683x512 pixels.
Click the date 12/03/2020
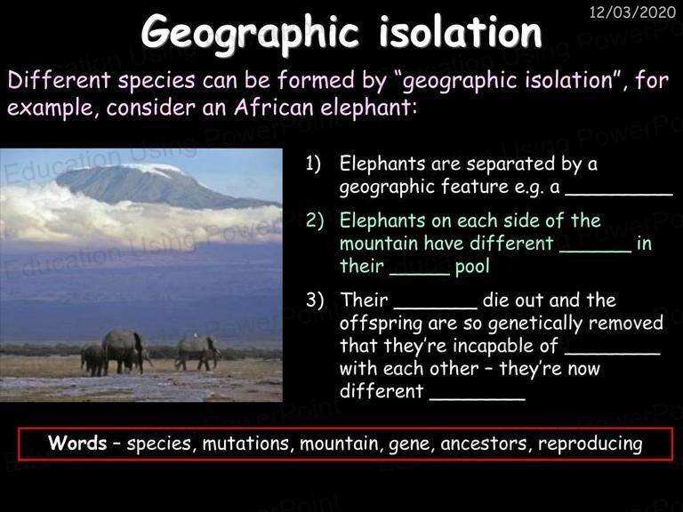(x=632, y=12)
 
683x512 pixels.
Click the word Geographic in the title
(x=250, y=32)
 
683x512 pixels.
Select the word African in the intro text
(x=275, y=107)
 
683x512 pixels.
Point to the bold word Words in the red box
(x=77, y=443)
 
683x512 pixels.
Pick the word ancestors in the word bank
(x=486, y=444)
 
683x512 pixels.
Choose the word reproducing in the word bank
(x=591, y=444)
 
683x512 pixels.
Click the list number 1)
(x=313, y=164)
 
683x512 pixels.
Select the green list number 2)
(x=315, y=220)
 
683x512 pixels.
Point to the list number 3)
(x=315, y=300)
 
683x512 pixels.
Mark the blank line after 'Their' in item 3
(x=436, y=308)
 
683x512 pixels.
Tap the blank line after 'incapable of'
(x=613, y=354)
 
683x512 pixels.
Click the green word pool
(x=472, y=267)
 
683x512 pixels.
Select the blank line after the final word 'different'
(x=478, y=399)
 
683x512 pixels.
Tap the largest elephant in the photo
(x=124, y=351)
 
